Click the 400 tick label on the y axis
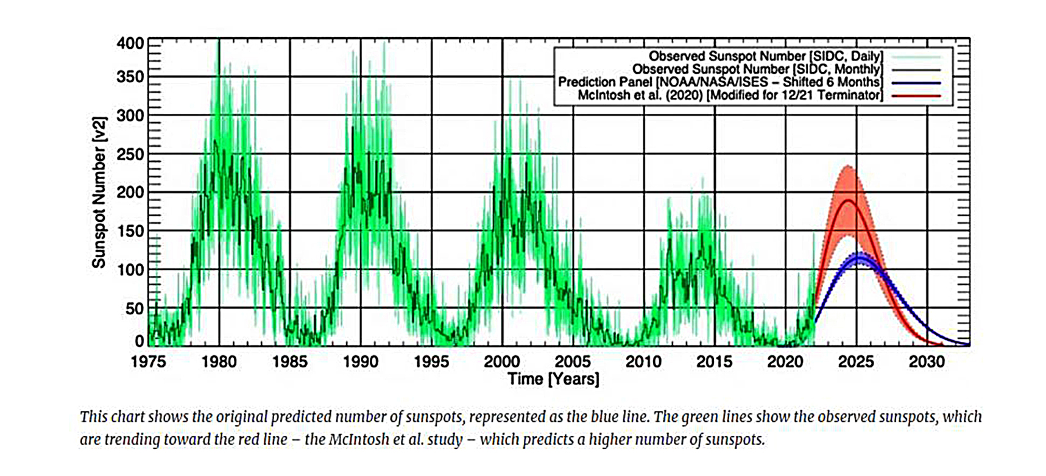(130, 44)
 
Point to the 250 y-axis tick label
(130, 154)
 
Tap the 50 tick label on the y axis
(134, 309)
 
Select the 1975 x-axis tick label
(148, 362)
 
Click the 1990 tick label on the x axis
(360, 362)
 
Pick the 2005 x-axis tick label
(573, 362)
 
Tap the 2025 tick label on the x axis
(856, 362)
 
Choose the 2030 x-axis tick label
(927, 362)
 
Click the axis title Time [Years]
(553, 379)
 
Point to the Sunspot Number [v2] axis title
(99, 193)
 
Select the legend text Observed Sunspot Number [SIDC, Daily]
(765, 57)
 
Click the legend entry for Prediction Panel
(719, 82)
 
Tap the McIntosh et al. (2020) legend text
(730, 96)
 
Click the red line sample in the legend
(916, 96)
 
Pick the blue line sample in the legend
(916, 82)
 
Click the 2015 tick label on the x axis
(714, 362)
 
